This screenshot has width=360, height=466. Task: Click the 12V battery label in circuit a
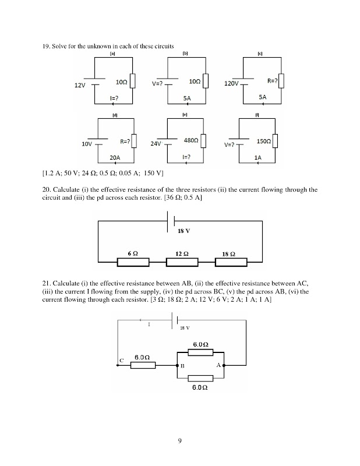(x=80, y=86)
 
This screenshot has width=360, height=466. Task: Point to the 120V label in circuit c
(x=232, y=84)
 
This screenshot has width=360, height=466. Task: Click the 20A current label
(x=115, y=157)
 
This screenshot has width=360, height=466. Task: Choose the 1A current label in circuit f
(x=257, y=157)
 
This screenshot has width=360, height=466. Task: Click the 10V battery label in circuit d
(x=87, y=143)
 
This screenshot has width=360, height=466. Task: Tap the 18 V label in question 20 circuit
(x=184, y=231)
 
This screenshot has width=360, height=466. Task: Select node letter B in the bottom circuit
(x=182, y=366)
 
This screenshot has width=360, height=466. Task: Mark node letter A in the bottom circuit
(x=218, y=365)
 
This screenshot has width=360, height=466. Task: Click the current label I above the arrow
(x=149, y=324)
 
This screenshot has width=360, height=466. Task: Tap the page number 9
(x=180, y=440)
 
